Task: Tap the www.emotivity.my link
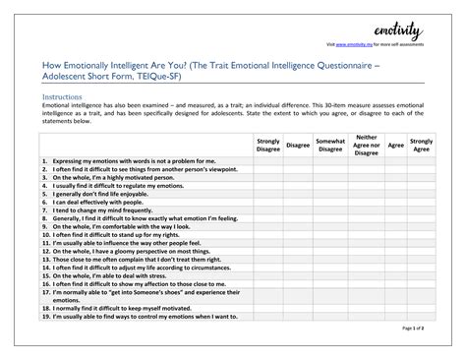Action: coord(355,46)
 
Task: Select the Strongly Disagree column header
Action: coord(268,146)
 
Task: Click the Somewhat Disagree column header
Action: coord(330,146)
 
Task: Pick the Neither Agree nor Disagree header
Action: coord(366,146)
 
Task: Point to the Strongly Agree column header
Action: coord(422,146)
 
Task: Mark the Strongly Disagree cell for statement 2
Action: coord(268,168)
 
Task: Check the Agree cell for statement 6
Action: coord(396,203)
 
